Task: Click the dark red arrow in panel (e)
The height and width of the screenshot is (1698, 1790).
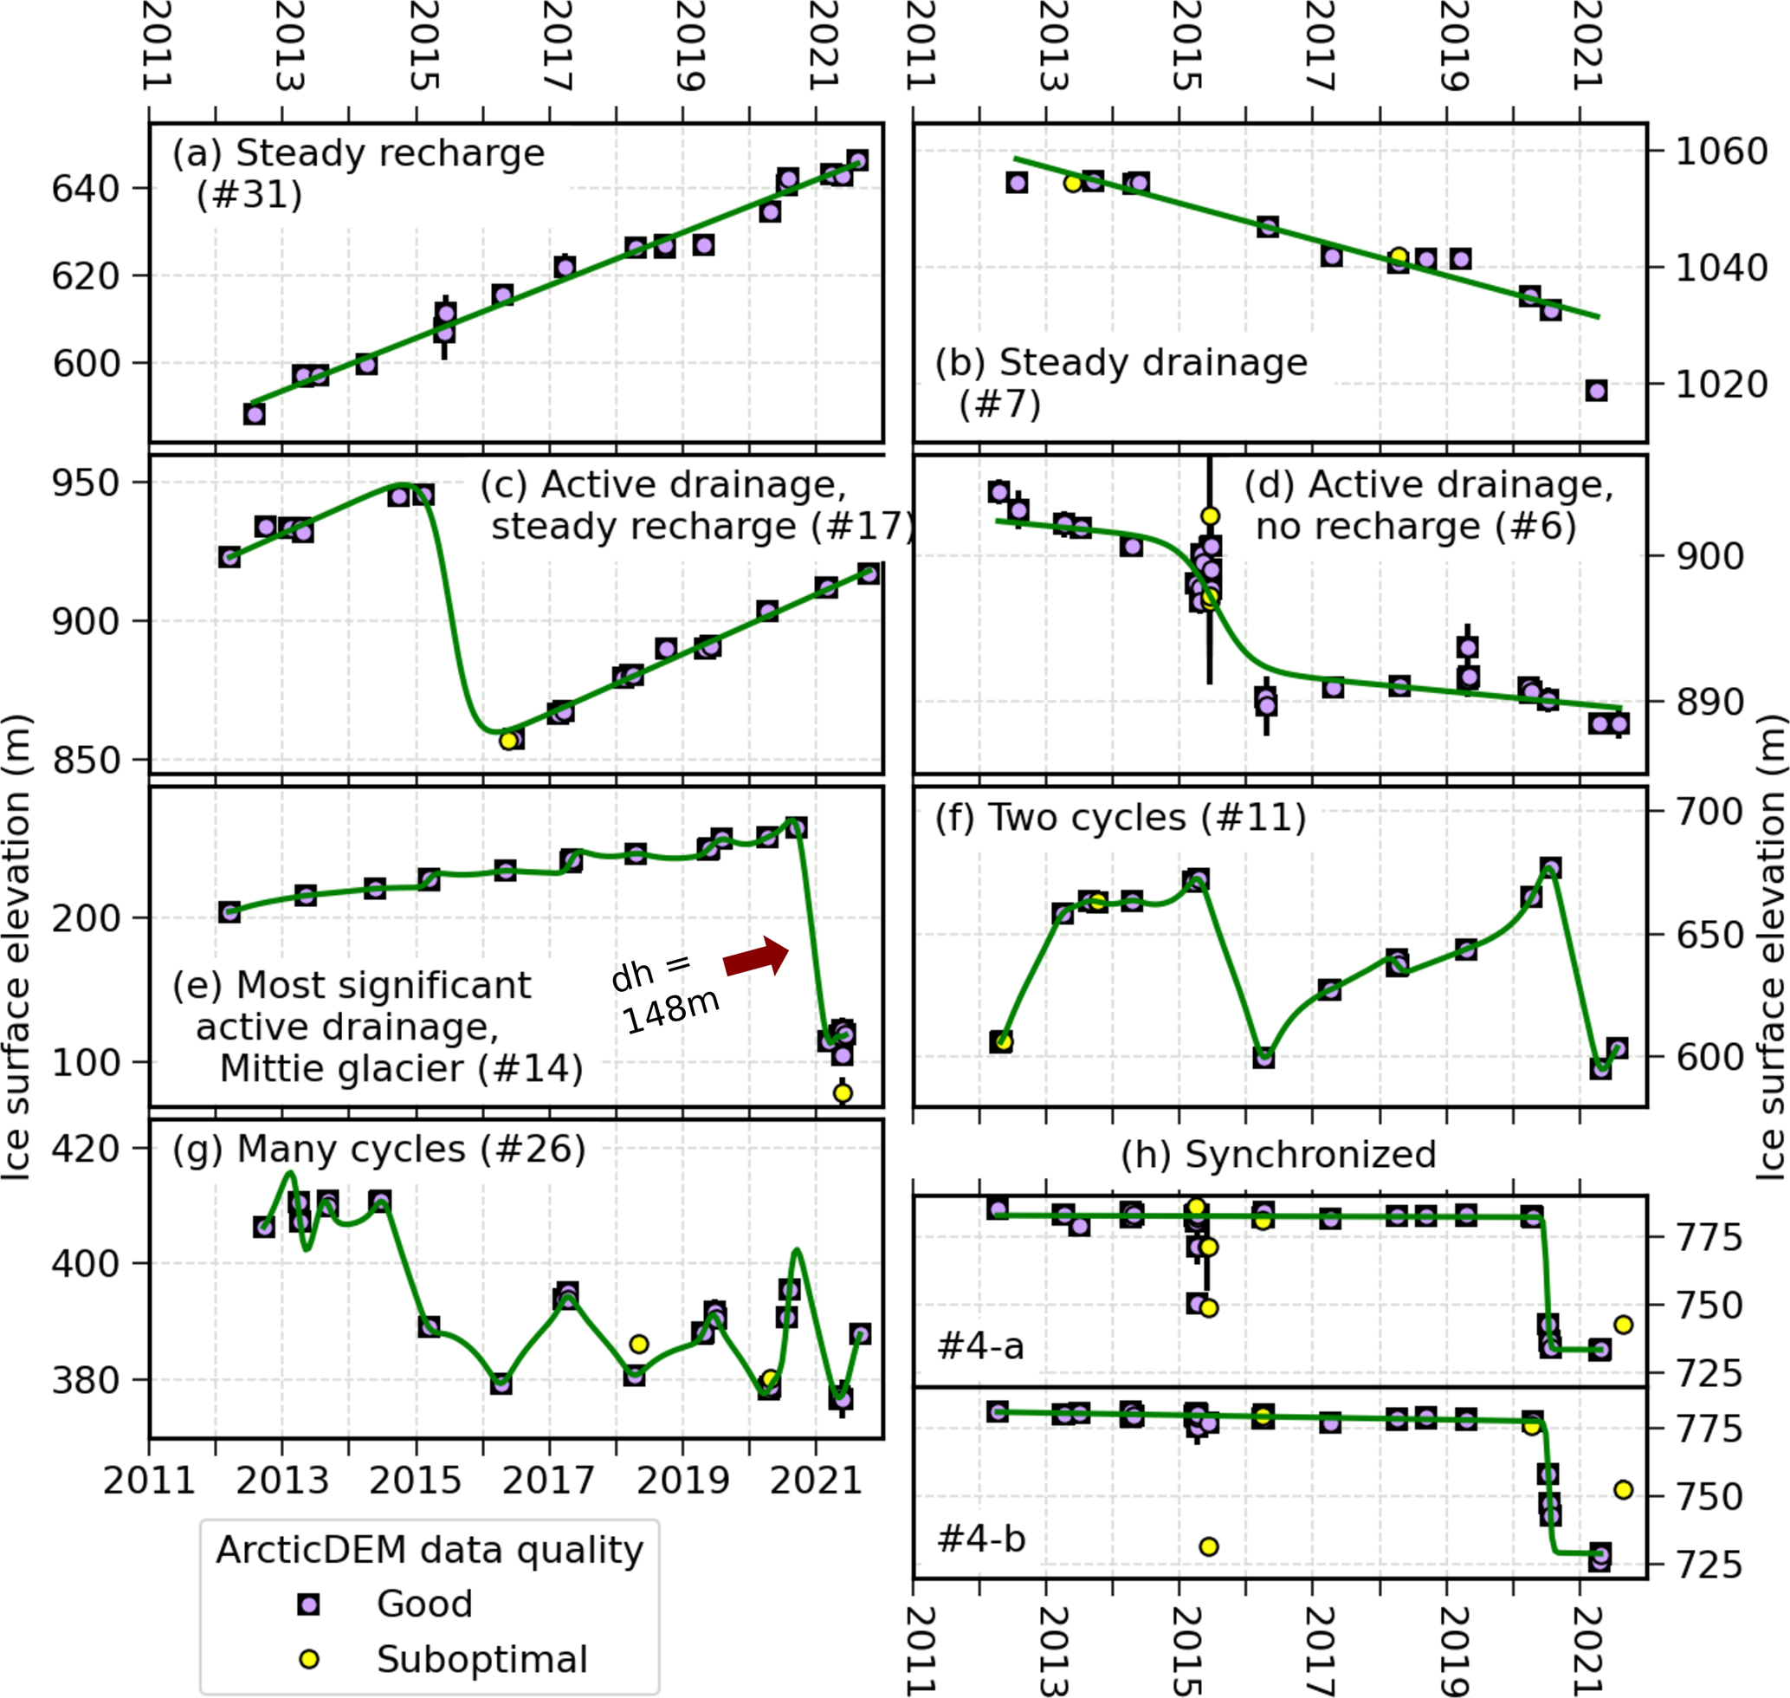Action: pyautogui.click(x=757, y=957)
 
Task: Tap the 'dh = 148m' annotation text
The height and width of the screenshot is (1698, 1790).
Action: pyautogui.click(x=665, y=993)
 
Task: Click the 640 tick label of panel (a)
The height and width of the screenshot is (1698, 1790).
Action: pyautogui.click(x=86, y=188)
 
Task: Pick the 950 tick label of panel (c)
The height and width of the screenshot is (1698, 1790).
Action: pyautogui.click(x=86, y=483)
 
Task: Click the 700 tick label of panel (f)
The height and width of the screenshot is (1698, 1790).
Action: pyautogui.click(x=1709, y=812)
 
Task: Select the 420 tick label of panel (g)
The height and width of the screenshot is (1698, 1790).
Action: pyautogui.click(x=86, y=1148)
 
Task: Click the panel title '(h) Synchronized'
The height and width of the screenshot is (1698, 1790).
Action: pyautogui.click(x=1278, y=1154)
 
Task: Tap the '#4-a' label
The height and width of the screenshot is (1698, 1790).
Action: pyautogui.click(x=981, y=1346)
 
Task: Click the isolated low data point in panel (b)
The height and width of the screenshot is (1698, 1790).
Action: pyautogui.click(x=1596, y=391)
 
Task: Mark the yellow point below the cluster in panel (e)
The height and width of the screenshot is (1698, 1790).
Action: pyautogui.click(x=843, y=1092)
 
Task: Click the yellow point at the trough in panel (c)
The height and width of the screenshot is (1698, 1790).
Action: pyautogui.click(x=508, y=741)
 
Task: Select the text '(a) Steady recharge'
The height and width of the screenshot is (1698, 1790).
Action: pyautogui.click(x=359, y=153)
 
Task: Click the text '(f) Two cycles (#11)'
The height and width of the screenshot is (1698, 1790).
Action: pyautogui.click(x=1121, y=817)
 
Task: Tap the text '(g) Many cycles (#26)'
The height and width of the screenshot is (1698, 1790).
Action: pyautogui.click(x=379, y=1149)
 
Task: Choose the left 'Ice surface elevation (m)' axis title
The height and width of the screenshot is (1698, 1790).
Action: pyautogui.click(x=17, y=946)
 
